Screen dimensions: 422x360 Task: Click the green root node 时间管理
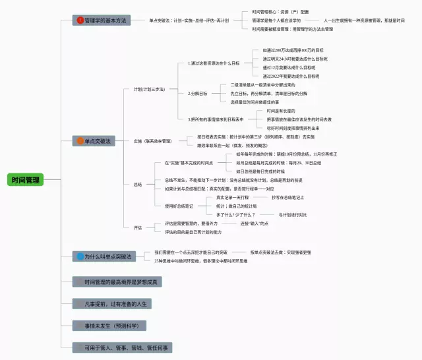click(25, 179)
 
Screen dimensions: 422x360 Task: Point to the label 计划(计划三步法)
click(149, 89)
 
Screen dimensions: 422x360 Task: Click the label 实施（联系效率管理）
click(152, 141)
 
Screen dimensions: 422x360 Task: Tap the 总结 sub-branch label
click(138, 185)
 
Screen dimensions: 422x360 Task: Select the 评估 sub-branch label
click(138, 227)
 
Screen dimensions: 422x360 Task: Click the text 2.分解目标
click(197, 94)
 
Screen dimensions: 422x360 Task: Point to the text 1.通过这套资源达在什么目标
click(213, 63)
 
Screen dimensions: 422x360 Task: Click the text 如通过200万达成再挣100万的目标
click(293, 50)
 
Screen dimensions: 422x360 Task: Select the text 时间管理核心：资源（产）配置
click(280, 12)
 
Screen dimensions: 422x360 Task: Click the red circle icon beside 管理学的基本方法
click(80, 20)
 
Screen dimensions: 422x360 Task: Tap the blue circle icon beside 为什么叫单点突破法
click(80, 256)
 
